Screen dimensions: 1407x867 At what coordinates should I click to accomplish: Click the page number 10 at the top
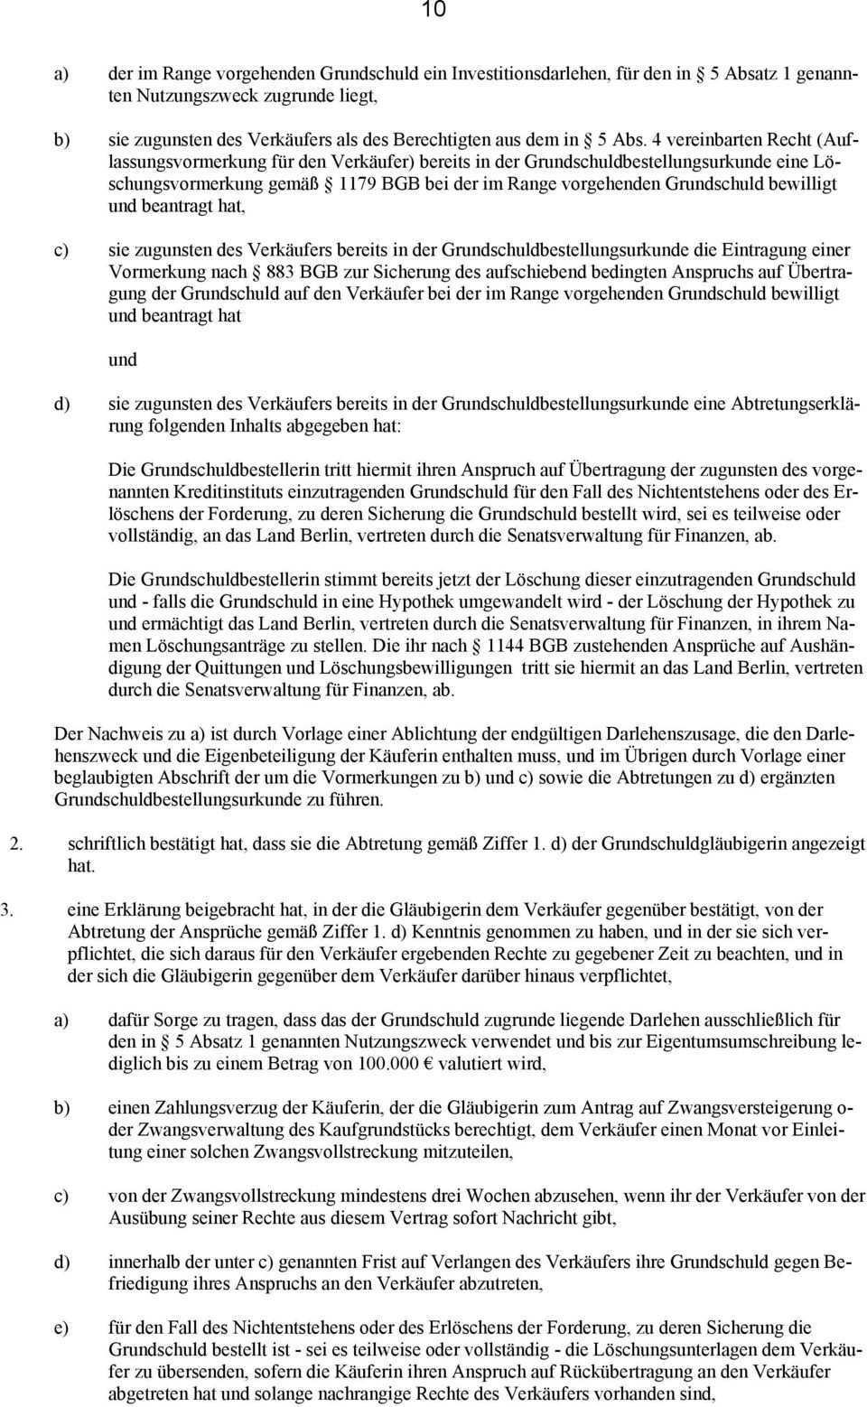[433, 10]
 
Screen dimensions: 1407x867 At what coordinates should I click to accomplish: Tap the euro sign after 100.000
[430, 1064]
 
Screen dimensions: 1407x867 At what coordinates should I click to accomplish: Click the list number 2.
[15, 843]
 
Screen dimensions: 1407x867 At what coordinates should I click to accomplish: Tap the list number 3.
[6, 909]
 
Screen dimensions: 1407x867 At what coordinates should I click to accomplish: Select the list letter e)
[61, 1328]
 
